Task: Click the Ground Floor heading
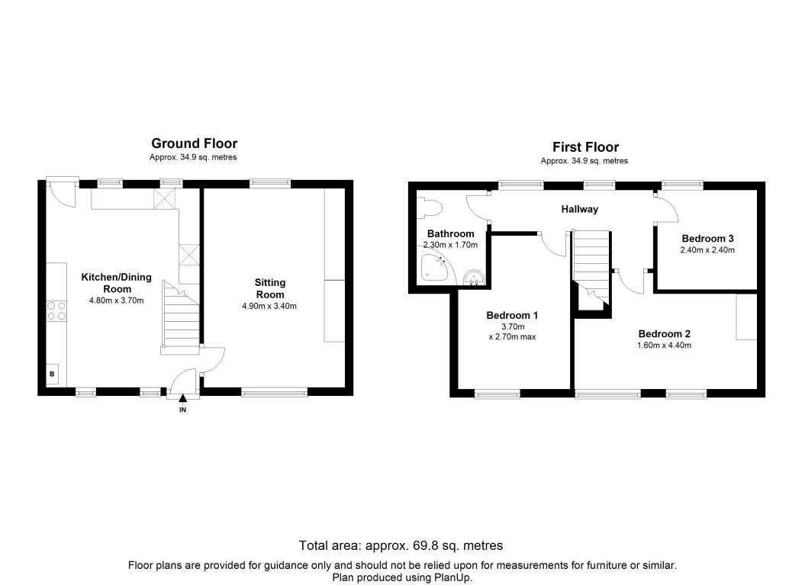click(x=194, y=143)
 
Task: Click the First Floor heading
click(x=585, y=147)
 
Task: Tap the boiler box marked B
click(x=53, y=374)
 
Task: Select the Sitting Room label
click(x=269, y=288)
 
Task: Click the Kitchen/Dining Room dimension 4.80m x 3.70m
click(x=117, y=300)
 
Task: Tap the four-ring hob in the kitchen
click(x=56, y=310)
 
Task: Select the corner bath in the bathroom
click(x=434, y=268)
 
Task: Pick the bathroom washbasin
click(x=474, y=276)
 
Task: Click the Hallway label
click(x=580, y=209)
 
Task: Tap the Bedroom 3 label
click(x=707, y=237)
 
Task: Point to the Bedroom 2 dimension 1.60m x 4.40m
click(x=664, y=346)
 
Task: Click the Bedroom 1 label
click(x=513, y=314)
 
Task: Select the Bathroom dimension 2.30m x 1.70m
click(x=450, y=245)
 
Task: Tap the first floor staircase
click(x=592, y=267)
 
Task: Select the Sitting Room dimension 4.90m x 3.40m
click(x=269, y=306)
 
